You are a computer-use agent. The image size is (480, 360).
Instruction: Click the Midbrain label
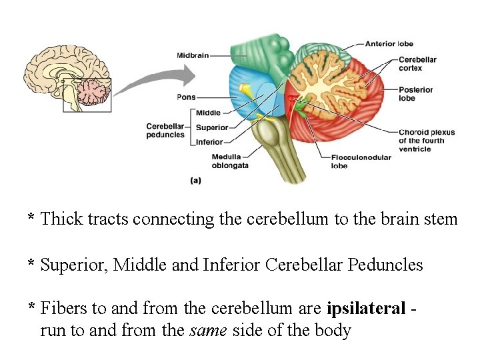[x=193, y=55]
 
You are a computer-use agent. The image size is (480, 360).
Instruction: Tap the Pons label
[x=186, y=97]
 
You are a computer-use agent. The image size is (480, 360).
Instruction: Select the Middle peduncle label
[x=208, y=113]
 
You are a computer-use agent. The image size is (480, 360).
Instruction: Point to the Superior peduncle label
[x=212, y=127]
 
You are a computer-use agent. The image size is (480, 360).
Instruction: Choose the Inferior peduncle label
[x=209, y=142]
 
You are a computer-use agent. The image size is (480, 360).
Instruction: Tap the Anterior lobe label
[x=389, y=44]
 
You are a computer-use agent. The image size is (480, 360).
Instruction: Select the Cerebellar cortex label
[x=417, y=63]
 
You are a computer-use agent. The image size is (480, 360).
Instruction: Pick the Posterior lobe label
[x=415, y=93]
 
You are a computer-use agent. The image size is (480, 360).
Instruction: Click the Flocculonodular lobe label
[x=357, y=161]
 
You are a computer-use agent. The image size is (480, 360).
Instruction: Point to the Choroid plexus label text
[x=426, y=140]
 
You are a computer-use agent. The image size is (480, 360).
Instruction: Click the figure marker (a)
[x=196, y=180]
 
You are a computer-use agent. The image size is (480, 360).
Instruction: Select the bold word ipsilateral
[x=366, y=308]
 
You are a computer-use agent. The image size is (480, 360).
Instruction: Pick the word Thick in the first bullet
[x=59, y=219]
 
